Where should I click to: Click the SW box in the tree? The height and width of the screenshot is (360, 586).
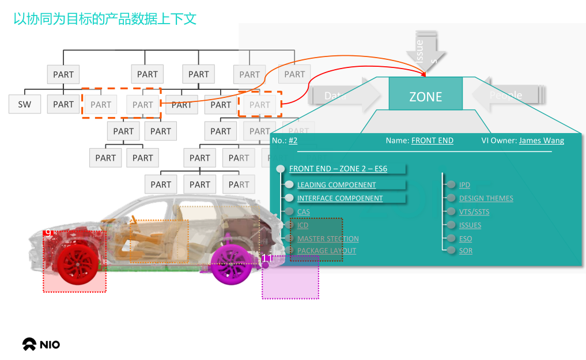click(25, 104)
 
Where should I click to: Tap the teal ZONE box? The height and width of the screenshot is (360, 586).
click(425, 97)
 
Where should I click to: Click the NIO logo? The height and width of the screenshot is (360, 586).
click(41, 344)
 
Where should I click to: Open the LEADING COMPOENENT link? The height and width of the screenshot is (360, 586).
click(337, 185)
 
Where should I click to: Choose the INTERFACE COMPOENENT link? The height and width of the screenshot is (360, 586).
click(339, 198)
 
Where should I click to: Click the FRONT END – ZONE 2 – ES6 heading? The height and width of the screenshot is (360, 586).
click(338, 169)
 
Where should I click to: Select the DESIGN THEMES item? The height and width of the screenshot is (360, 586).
click(486, 198)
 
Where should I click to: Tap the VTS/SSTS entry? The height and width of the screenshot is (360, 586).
click(474, 211)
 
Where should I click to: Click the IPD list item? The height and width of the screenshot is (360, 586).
click(464, 185)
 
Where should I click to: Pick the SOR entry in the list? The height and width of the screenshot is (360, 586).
click(466, 251)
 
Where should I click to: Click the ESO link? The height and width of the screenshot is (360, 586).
click(465, 238)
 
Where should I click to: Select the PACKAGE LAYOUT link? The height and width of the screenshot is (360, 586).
click(326, 251)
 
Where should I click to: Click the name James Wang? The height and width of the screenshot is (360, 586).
click(541, 141)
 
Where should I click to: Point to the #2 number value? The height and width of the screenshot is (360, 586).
click(293, 141)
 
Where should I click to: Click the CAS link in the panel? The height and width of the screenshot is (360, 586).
click(303, 212)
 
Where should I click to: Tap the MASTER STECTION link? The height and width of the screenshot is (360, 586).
click(328, 238)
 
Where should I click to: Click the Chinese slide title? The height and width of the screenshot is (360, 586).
click(105, 19)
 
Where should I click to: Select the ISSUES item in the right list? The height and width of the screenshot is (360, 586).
click(470, 225)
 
